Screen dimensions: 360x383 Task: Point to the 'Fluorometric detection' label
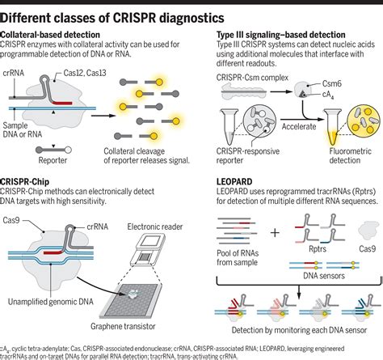(343, 154)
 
